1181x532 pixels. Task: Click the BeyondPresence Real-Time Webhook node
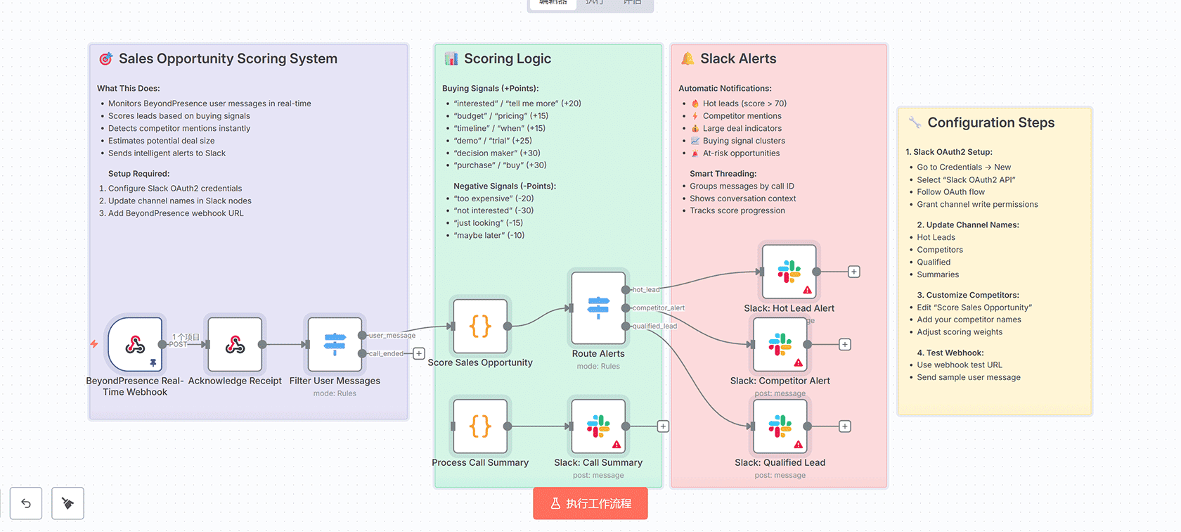point(135,344)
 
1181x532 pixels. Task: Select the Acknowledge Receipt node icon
point(235,344)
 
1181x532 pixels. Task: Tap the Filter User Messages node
point(335,344)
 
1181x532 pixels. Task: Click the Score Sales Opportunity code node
point(480,326)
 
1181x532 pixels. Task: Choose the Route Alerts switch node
point(598,308)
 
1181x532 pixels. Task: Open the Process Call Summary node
point(480,426)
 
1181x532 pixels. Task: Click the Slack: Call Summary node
point(598,426)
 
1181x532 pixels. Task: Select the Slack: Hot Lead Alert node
point(789,272)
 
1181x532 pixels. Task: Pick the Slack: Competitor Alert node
point(780,344)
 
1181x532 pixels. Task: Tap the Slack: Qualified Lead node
point(780,426)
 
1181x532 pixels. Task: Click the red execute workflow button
point(590,503)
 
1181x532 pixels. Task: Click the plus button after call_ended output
point(419,353)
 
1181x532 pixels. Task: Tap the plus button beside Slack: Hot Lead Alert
point(853,272)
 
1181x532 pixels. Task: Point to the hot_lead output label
point(645,290)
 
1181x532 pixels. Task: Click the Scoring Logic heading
point(507,59)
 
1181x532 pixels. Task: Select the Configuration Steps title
point(990,122)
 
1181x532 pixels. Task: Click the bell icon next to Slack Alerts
point(688,59)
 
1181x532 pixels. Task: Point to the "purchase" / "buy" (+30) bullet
point(500,165)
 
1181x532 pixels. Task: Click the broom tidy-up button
point(67,503)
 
